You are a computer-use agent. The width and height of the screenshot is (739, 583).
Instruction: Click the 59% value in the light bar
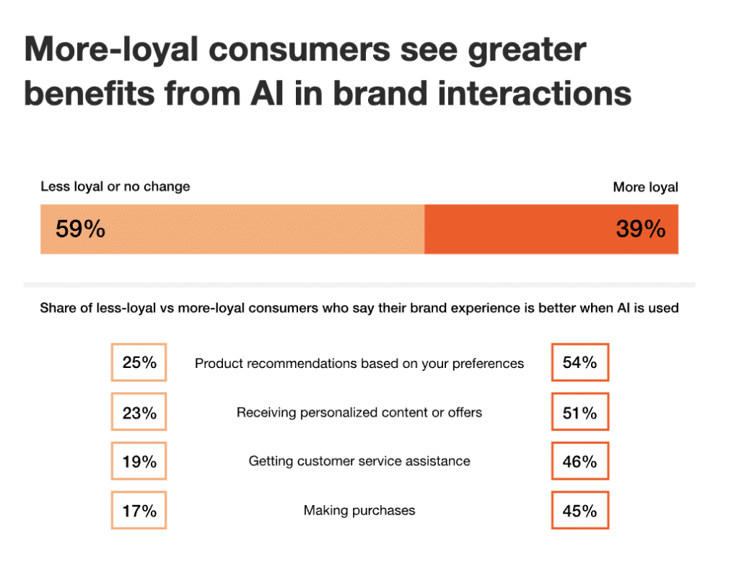80,229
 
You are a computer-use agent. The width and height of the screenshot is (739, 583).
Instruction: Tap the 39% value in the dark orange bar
640,229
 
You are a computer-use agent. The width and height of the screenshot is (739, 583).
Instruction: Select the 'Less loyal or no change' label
115,186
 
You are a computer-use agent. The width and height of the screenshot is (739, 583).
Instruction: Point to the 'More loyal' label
645,187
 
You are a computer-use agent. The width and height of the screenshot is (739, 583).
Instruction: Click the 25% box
139,362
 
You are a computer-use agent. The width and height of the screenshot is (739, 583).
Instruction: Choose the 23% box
139,413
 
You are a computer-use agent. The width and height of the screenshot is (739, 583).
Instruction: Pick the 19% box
139,462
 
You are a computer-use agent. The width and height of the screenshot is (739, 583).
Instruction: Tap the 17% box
139,511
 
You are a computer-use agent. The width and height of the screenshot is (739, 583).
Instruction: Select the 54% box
580,362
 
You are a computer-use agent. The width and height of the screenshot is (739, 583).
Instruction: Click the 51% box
580,413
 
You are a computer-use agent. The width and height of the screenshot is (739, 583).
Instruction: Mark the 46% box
580,462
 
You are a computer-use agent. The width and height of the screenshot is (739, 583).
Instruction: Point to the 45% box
580,511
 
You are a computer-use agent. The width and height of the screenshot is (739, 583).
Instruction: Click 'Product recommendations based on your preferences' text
359,364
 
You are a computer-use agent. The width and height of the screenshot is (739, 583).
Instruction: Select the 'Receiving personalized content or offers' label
359,413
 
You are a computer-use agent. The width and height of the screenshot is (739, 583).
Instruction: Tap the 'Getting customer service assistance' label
359,461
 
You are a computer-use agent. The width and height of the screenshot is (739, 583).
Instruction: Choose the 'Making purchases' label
359,510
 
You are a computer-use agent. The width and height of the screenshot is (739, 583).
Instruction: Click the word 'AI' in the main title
311,94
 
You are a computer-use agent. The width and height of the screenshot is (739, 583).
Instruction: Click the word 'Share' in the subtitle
59,308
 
